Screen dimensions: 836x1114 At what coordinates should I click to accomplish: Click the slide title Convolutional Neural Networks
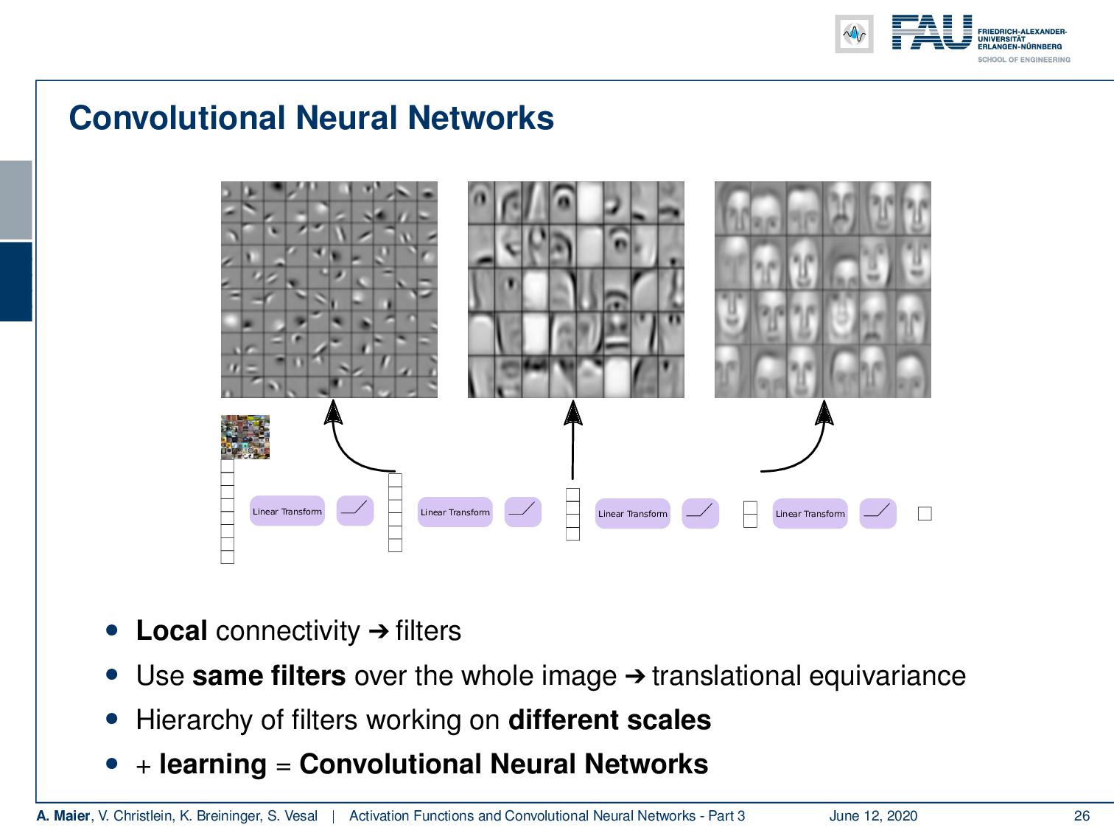click(311, 118)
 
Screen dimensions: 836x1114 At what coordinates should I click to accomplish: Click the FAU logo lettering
click(931, 33)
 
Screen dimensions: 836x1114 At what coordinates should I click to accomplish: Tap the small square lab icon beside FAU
click(854, 34)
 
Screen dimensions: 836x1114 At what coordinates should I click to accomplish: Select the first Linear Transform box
click(287, 511)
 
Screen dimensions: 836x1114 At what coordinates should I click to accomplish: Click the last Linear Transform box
click(810, 513)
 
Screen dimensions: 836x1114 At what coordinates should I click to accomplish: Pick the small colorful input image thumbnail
click(245, 437)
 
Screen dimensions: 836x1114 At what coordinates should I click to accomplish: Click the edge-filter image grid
click(329, 290)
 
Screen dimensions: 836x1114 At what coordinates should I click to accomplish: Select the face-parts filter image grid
click(575, 290)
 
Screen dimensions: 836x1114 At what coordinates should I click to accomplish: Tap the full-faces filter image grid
click(822, 290)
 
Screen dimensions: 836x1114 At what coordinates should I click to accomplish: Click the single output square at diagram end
click(925, 514)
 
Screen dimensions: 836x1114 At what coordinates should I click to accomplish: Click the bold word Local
click(172, 631)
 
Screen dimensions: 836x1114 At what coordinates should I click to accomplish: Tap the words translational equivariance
click(808, 675)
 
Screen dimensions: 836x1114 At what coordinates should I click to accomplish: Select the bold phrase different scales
click(609, 720)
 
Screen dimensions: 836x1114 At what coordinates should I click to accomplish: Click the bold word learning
click(212, 764)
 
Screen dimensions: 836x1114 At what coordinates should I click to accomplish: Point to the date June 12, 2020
click(873, 815)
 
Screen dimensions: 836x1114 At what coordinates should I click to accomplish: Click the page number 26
click(1082, 815)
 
